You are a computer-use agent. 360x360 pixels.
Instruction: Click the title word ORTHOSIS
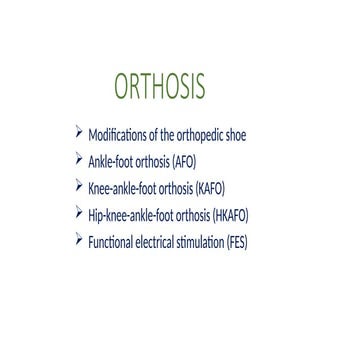click(x=160, y=87)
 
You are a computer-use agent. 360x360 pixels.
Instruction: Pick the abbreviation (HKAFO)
click(x=230, y=215)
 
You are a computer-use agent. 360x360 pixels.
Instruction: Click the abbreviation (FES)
click(x=235, y=241)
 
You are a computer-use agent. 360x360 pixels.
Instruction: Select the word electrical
click(x=157, y=241)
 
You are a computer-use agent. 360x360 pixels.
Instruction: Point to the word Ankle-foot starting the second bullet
click(x=110, y=162)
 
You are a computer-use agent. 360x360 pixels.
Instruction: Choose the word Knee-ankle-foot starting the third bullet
click(x=120, y=188)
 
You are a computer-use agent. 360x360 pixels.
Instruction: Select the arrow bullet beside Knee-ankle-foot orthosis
click(x=80, y=185)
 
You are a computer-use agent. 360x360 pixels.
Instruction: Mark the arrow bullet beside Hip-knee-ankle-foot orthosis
click(x=80, y=212)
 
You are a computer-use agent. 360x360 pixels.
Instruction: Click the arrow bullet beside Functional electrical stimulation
click(x=80, y=238)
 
